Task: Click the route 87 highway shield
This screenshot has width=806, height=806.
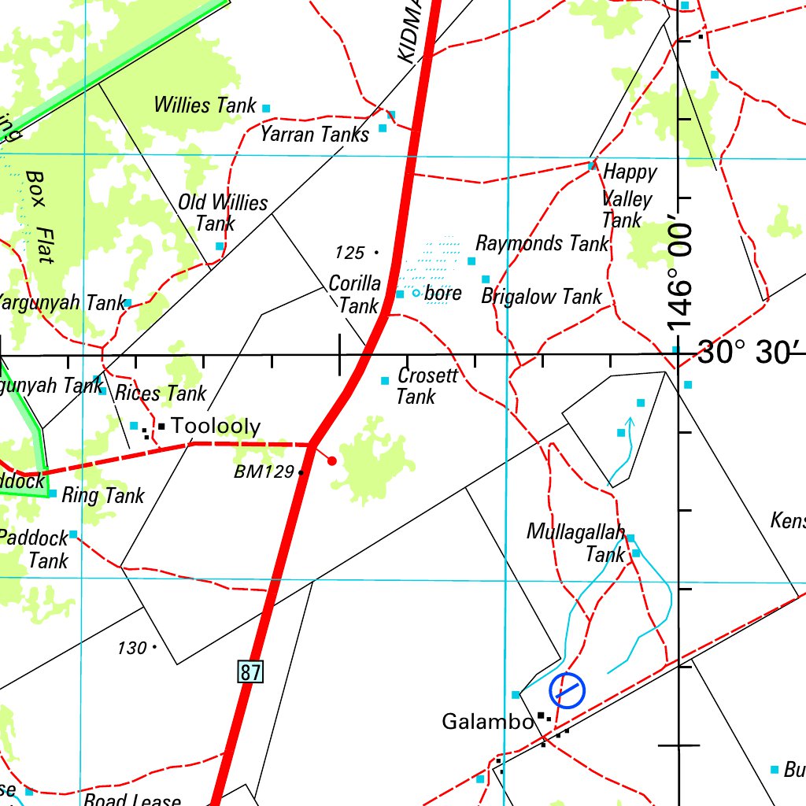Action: [x=250, y=672]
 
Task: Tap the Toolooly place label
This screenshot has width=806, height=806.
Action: [x=215, y=427]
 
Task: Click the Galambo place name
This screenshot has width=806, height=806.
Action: [x=487, y=721]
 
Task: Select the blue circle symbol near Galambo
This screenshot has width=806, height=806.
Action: [x=568, y=691]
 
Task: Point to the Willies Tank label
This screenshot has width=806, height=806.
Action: [x=205, y=105]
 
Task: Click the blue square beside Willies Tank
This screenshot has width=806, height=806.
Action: [x=266, y=108]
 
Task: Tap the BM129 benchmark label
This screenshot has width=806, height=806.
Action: [x=263, y=472]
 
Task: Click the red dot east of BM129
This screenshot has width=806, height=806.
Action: [x=332, y=460]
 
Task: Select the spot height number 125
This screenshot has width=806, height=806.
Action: [x=349, y=253]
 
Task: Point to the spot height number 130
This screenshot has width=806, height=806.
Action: [x=131, y=648]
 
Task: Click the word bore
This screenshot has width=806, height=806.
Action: [x=443, y=294]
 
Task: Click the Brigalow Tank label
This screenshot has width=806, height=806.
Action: [x=541, y=297]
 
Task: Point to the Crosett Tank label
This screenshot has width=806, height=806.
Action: [x=426, y=385]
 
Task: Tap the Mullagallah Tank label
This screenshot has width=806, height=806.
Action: [x=576, y=543]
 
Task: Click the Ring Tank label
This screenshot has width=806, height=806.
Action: [x=103, y=495]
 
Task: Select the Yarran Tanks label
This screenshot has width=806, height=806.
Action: [x=315, y=135]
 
